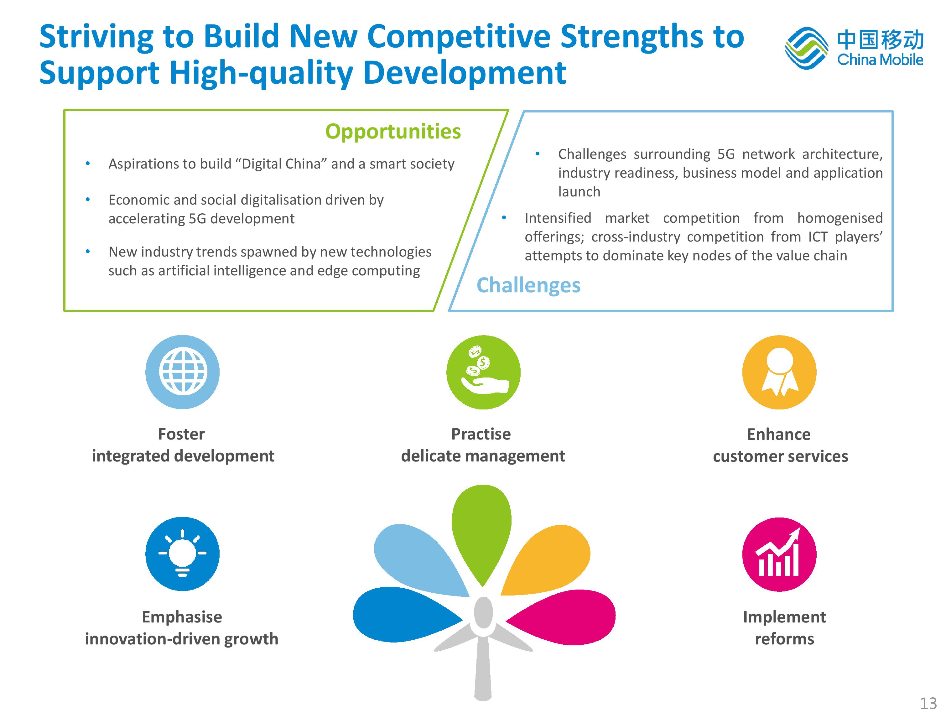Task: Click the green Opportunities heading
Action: point(393,132)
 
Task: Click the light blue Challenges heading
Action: point(528,285)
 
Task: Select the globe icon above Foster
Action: point(182,372)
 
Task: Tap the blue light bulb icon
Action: point(182,554)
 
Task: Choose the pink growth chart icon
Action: point(779,554)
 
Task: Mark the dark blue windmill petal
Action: point(404,615)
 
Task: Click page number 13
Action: point(928,703)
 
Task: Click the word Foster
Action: point(181,434)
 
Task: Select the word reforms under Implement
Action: point(785,639)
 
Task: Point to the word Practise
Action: point(481,434)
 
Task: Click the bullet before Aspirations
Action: point(88,164)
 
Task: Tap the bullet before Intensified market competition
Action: point(504,218)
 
